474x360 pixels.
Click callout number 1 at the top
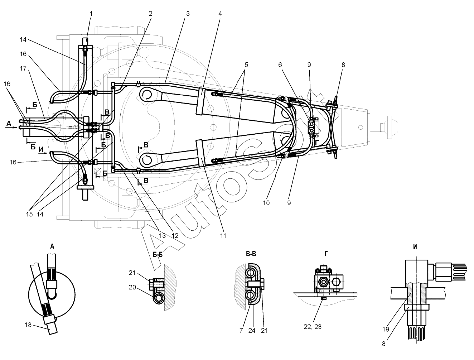[x=91, y=14]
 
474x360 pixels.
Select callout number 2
[x=150, y=14]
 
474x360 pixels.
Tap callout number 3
[x=188, y=14]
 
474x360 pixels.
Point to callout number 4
[x=220, y=14]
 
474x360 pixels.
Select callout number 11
[x=223, y=236]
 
